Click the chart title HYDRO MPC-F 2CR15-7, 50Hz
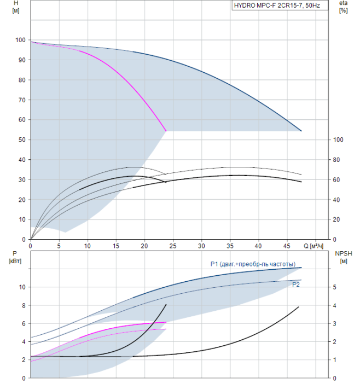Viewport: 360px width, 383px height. (x=277, y=5)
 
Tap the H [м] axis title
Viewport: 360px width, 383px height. (x=16, y=7)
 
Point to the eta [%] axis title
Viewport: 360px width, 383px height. (x=343, y=7)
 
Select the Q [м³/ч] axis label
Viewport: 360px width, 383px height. (x=313, y=246)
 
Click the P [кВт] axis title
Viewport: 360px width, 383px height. (x=15, y=257)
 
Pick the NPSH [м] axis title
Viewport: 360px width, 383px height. (x=344, y=257)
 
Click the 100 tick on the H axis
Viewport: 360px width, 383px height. (x=20, y=40)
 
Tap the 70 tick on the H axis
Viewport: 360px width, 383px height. (x=22, y=100)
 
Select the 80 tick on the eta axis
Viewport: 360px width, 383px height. (x=336, y=160)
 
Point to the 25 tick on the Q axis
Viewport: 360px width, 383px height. (x=173, y=246)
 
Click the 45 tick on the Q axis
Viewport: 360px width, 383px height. (x=287, y=246)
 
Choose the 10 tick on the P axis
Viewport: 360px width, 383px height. (x=22, y=287)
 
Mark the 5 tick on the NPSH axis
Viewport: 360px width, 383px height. (x=335, y=287)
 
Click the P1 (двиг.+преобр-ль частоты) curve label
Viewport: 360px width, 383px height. (x=253, y=264)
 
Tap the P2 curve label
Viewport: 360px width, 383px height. (x=296, y=285)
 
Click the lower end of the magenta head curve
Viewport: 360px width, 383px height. (x=166, y=131)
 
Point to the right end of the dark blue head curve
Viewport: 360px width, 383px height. (x=301, y=131)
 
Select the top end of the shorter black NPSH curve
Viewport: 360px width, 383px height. (x=166, y=305)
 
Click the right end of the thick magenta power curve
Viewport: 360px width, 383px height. (x=166, y=322)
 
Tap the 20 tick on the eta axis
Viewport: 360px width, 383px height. (x=336, y=219)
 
